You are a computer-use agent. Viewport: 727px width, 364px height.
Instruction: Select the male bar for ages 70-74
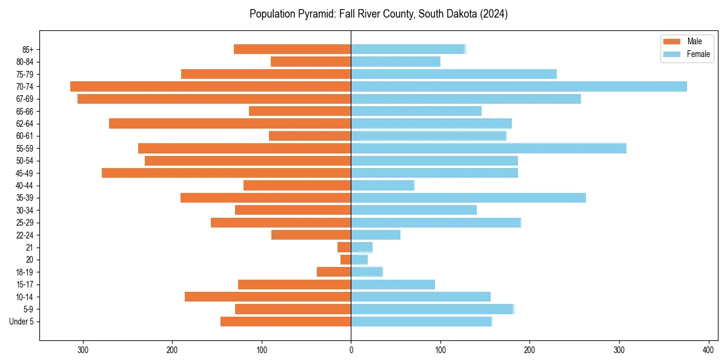point(211,87)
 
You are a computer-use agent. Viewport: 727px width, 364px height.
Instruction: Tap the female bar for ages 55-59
point(488,149)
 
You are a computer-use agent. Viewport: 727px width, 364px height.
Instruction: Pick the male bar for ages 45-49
point(227,173)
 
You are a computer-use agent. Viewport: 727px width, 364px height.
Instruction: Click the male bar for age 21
point(344,248)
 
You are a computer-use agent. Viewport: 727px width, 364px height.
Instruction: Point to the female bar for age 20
point(359,260)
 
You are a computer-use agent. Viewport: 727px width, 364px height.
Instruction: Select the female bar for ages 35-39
point(468,198)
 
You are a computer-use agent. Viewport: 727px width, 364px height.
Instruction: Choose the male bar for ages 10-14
point(268,297)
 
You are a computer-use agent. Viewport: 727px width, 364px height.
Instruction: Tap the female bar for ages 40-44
point(382,186)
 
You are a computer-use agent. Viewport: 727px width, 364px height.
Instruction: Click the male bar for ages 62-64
point(230,124)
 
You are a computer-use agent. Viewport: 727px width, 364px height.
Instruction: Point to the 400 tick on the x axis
point(708,349)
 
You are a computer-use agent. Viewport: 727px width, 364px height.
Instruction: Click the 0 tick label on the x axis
point(351,349)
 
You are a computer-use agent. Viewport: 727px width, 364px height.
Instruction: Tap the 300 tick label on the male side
point(83,349)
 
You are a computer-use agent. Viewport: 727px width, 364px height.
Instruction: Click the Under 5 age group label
point(21,322)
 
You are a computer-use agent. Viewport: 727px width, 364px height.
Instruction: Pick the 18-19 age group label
point(25,272)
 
